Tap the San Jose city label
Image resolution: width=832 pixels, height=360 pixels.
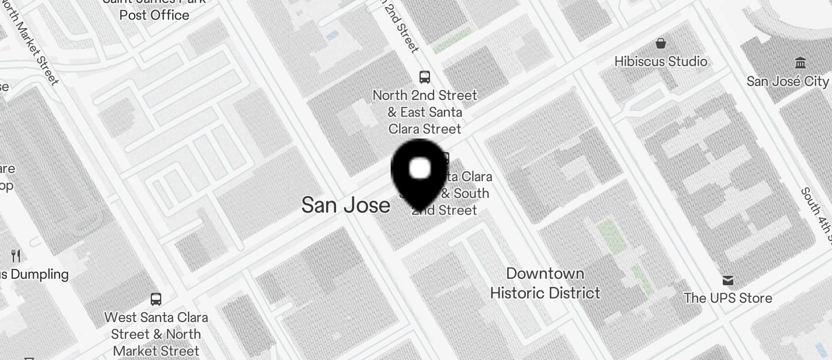[346, 205]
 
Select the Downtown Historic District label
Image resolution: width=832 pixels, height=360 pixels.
[545, 283]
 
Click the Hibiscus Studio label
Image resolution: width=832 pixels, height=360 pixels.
[661, 61]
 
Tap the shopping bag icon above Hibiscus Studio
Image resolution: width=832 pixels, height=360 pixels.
[661, 43]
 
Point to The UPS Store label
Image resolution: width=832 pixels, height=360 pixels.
[728, 298]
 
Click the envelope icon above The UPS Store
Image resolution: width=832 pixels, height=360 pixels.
[728, 281]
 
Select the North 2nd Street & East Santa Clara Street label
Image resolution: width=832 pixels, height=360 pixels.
[425, 112]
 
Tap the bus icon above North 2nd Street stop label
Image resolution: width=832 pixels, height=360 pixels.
[425, 77]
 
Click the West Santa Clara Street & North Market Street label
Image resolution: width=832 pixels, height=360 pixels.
[156, 334]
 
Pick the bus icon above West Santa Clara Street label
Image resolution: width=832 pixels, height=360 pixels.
[156, 299]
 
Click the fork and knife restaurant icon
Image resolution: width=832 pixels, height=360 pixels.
[16, 255]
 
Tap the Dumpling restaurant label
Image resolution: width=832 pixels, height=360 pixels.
[35, 274]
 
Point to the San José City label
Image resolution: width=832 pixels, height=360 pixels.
[788, 81]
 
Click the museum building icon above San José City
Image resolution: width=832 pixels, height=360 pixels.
[800, 63]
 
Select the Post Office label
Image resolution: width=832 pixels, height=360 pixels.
[154, 15]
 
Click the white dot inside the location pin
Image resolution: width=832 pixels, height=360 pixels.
[420, 169]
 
